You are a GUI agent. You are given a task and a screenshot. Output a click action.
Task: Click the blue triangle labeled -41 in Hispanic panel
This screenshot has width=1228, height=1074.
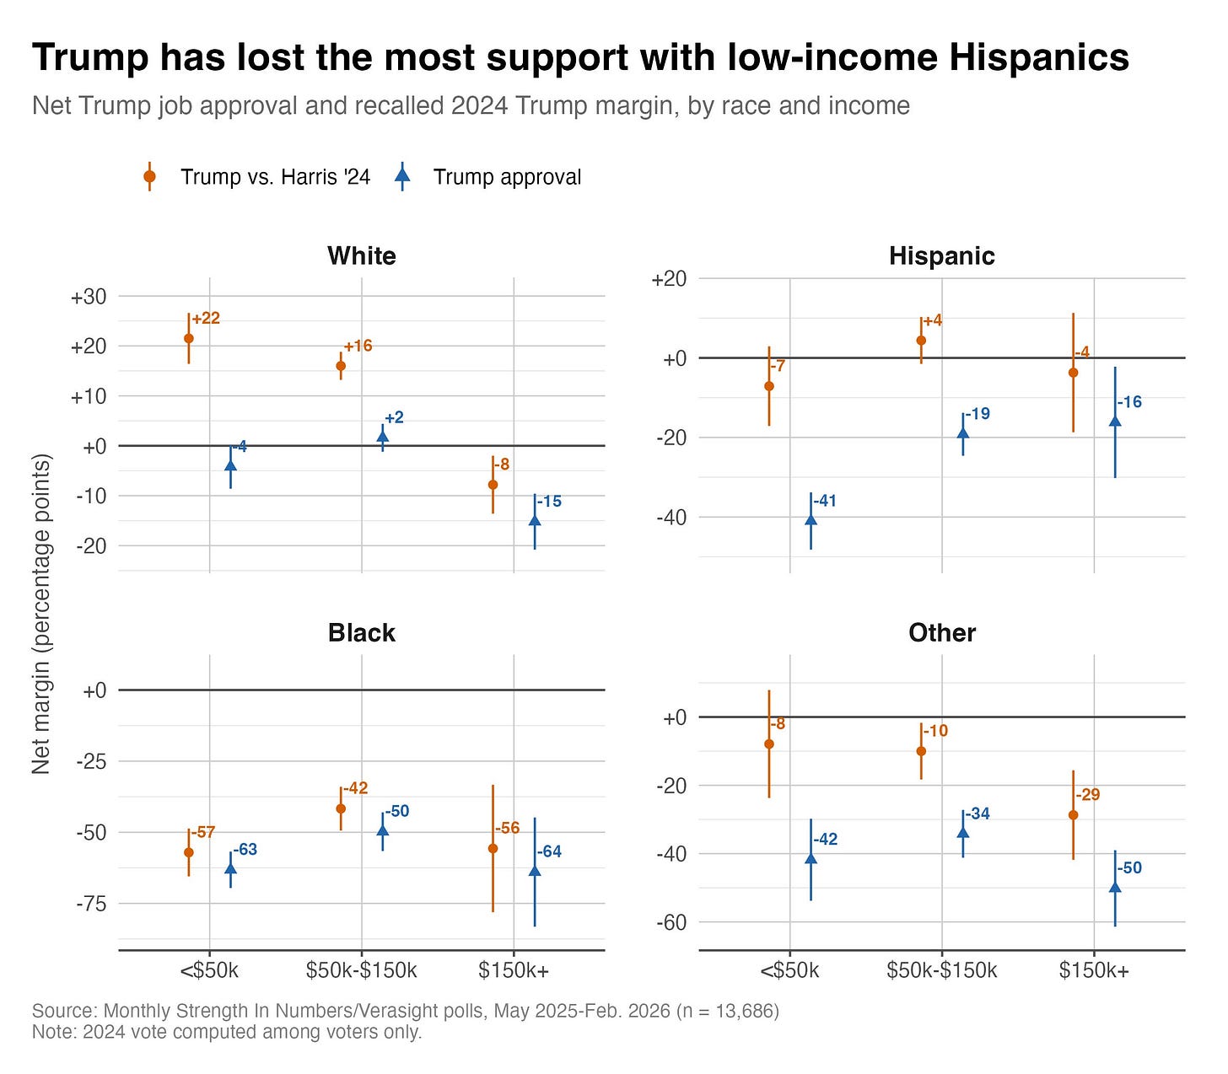(x=811, y=519)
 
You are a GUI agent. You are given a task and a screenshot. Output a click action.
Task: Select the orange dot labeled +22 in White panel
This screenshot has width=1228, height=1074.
(x=188, y=338)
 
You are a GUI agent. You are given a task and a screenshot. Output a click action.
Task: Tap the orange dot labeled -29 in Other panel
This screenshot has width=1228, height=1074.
(x=1073, y=815)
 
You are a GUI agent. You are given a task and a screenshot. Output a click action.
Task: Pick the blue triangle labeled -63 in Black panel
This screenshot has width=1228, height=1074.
(x=230, y=867)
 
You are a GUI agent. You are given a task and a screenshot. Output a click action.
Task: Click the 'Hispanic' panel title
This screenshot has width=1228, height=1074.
(x=942, y=256)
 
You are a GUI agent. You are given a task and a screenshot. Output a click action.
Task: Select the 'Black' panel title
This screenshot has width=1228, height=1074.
(x=361, y=633)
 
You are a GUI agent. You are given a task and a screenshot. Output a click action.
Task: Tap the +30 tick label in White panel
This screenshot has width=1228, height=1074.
(x=89, y=297)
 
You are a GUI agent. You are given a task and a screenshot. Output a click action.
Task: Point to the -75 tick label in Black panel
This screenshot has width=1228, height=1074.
(x=91, y=903)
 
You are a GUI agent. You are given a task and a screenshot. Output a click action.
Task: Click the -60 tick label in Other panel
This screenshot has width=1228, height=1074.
(x=671, y=922)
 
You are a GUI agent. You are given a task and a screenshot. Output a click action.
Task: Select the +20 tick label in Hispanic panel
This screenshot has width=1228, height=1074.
(x=669, y=279)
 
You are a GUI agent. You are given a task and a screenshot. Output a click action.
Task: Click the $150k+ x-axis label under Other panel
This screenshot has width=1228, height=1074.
(x=1094, y=970)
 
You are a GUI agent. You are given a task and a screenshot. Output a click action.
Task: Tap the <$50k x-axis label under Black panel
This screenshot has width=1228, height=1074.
(x=209, y=970)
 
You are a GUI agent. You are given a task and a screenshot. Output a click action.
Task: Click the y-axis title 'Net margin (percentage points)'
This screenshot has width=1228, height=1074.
(x=40, y=615)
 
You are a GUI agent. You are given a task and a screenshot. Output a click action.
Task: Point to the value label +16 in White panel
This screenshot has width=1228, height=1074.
(x=358, y=346)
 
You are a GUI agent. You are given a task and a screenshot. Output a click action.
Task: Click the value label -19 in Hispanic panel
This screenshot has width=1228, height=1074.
(x=978, y=413)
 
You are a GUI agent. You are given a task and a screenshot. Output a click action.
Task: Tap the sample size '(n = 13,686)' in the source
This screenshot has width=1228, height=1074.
(x=727, y=1011)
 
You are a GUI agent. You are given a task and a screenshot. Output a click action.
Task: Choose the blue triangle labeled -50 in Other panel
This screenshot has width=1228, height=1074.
(x=1115, y=887)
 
